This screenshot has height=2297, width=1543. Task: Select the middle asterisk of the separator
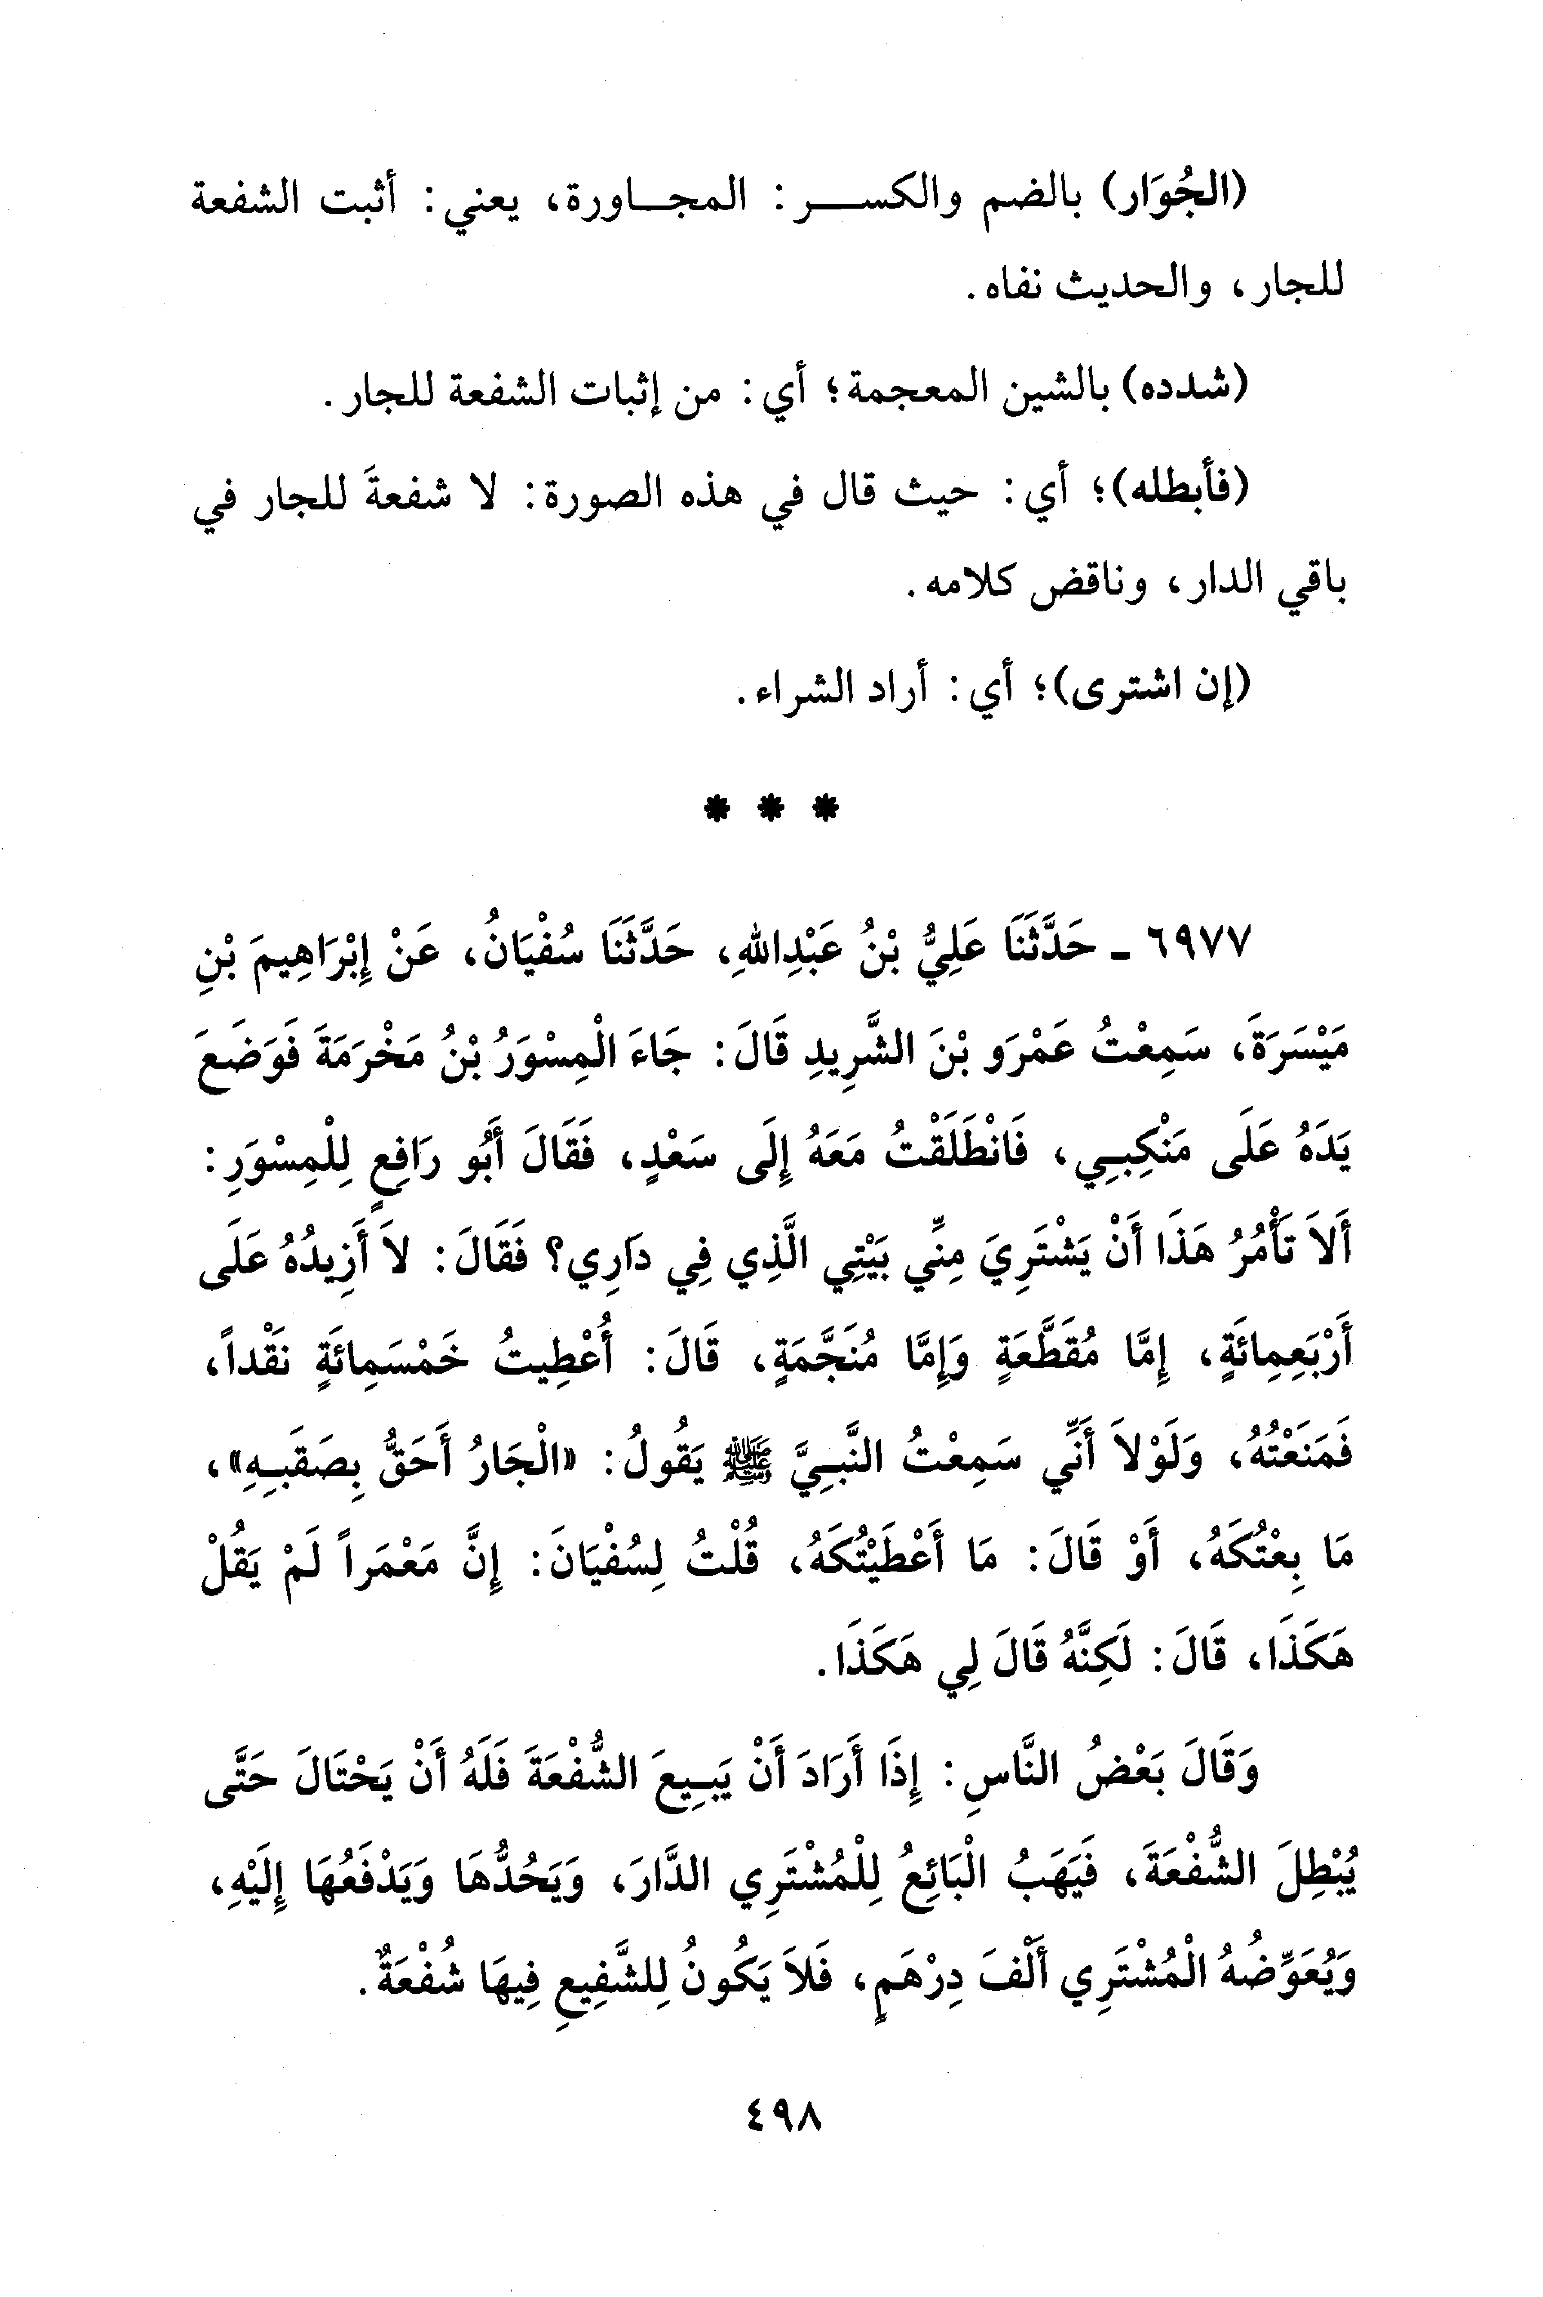(x=773, y=809)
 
